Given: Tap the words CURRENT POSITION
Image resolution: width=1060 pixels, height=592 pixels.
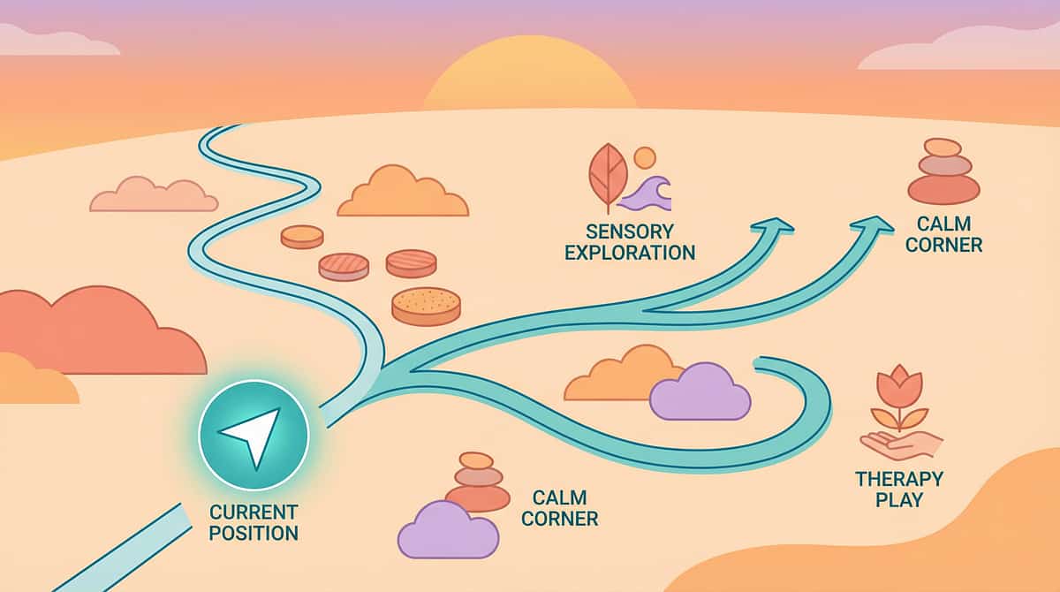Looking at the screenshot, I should click(254, 522).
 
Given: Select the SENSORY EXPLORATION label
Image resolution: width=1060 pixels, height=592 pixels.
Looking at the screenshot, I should click(629, 241).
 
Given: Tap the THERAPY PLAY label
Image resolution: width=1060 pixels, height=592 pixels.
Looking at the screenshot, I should click(899, 489).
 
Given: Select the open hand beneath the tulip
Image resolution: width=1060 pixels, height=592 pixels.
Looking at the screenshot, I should click(901, 444).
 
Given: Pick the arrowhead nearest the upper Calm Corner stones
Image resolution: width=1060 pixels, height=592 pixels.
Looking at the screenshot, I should click(874, 227).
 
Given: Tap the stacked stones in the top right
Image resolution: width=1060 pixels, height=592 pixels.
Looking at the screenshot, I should click(943, 172).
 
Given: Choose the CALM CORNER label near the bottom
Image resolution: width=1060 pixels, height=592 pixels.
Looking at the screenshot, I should click(560, 508).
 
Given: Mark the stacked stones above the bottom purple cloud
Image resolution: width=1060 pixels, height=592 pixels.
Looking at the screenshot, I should click(477, 482).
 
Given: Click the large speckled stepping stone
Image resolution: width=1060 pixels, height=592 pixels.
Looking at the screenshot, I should click(426, 305).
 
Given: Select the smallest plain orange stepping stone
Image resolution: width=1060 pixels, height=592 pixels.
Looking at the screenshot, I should click(302, 236).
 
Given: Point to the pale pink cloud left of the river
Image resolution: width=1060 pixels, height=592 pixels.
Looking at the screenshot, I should click(154, 195).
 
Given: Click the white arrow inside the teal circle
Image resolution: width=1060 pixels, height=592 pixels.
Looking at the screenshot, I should click(250, 434).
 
